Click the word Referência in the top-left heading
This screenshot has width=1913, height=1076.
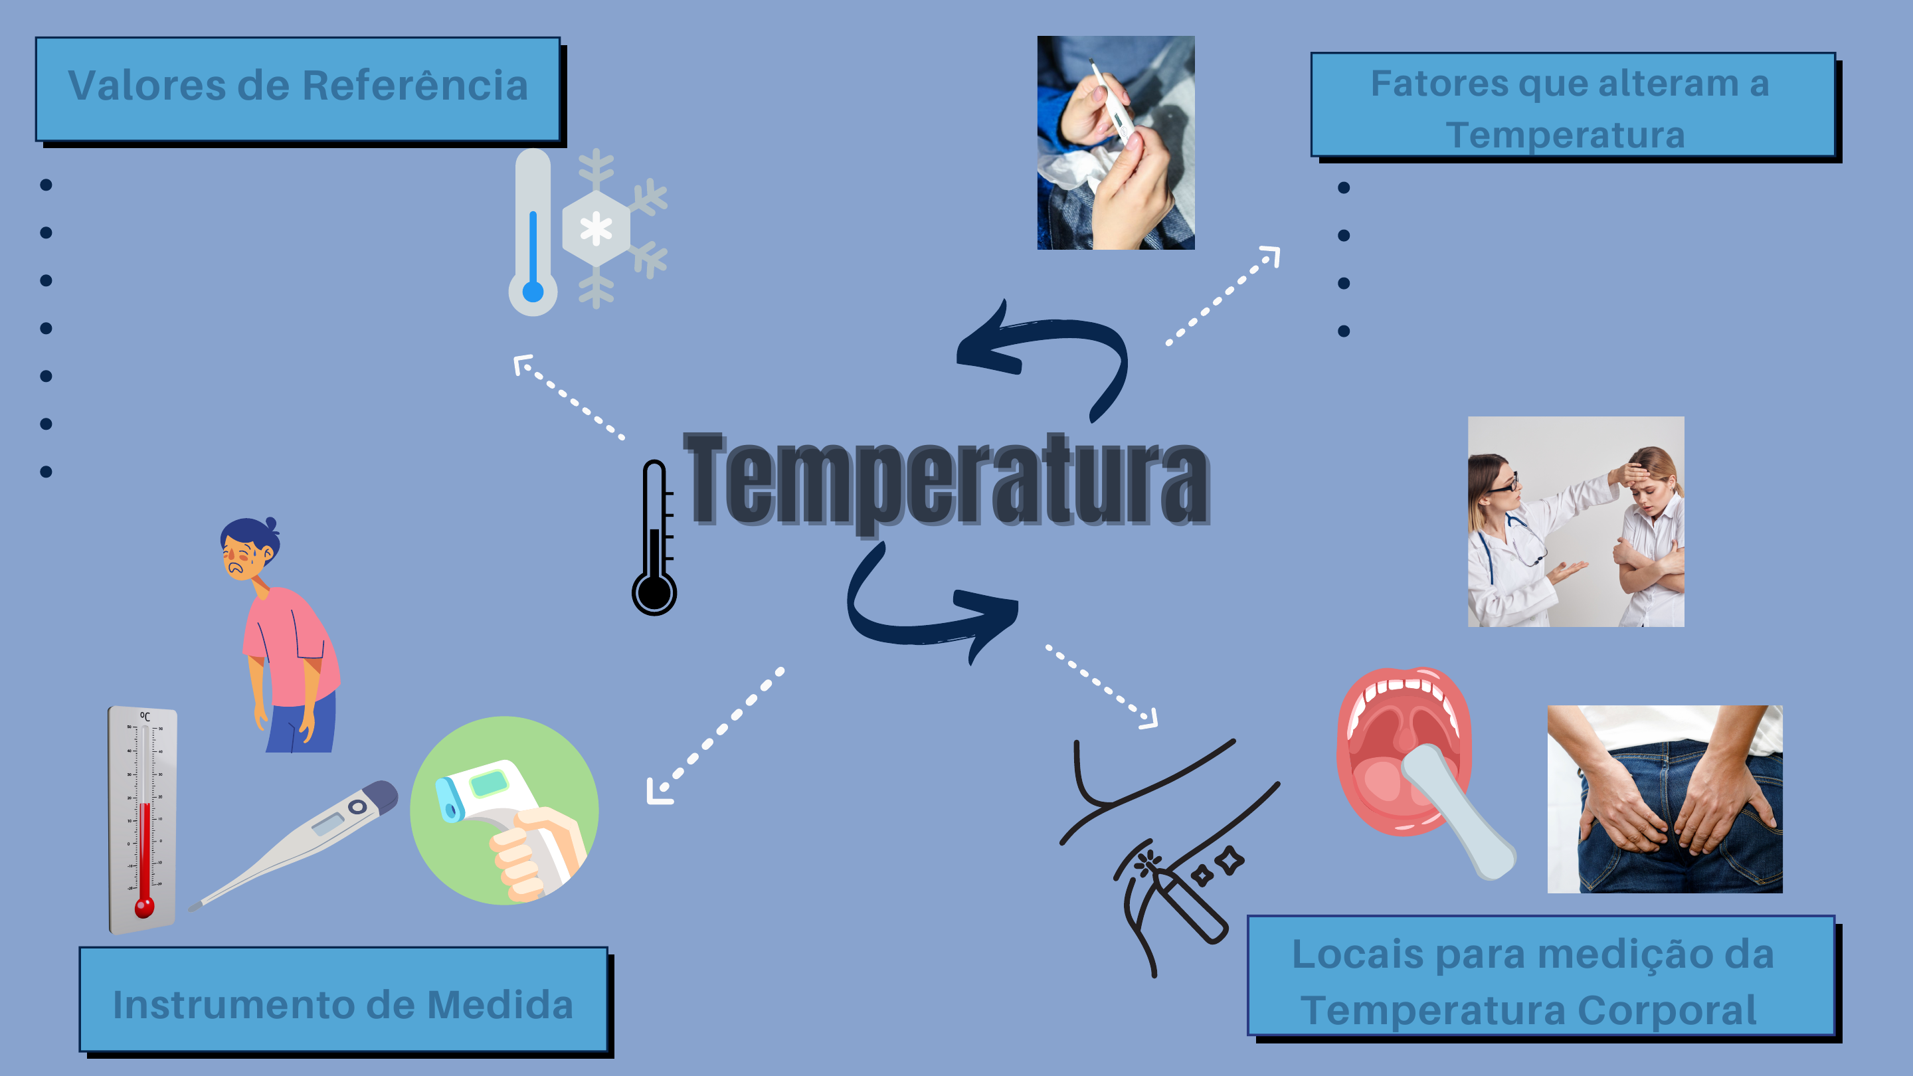pyautogui.click(x=415, y=86)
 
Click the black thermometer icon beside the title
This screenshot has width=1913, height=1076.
pyautogui.click(x=654, y=539)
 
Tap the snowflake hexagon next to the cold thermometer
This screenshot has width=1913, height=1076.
pyautogui.click(x=596, y=228)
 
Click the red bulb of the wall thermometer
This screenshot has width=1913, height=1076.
pyautogui.click(x=144, y=907)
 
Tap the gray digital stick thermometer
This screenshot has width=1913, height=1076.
pyautogui.click(x=297, y=843)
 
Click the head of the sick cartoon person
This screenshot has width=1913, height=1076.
pyautogui.click(x=249, y=549)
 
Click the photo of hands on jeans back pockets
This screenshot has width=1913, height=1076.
pyautogui.click(x=1664, y=799)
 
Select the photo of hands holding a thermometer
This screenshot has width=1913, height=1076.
pyautogui.click(x=1115, y=143)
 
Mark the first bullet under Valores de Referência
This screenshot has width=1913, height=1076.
pyautogui.click(x=46, y=185)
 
